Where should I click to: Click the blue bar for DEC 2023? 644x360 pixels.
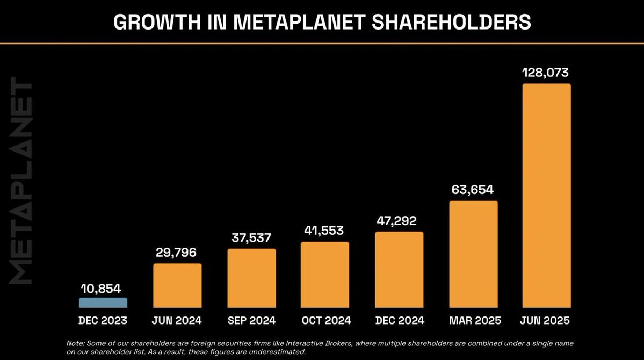(x=103, y=304)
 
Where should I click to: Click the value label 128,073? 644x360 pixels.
(x=546, y=73)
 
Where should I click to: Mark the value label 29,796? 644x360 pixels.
(x=177, y=253)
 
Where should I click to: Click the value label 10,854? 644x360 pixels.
(x=102, y=289)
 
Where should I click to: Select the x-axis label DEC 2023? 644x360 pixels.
(x=103, y=321)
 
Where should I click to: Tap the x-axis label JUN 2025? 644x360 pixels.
(x=545, y=321)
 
